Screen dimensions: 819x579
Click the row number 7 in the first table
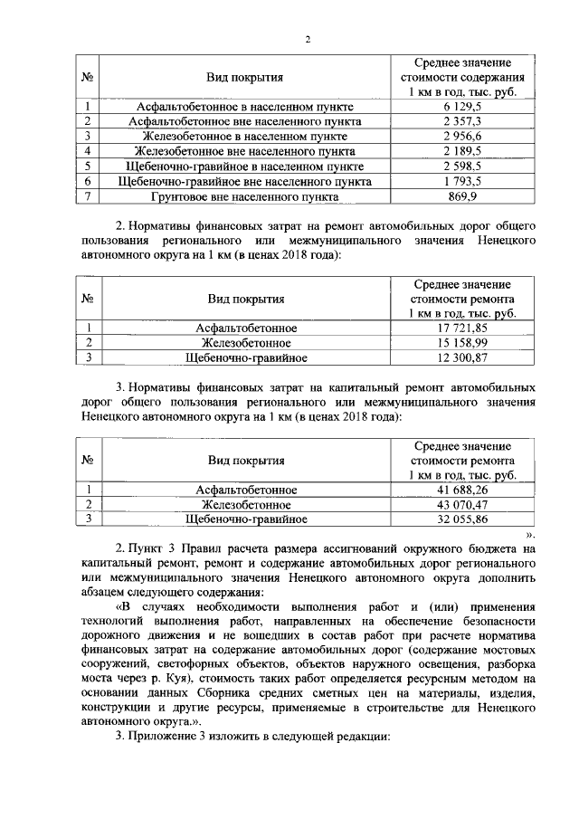click(x=89, y=195)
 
